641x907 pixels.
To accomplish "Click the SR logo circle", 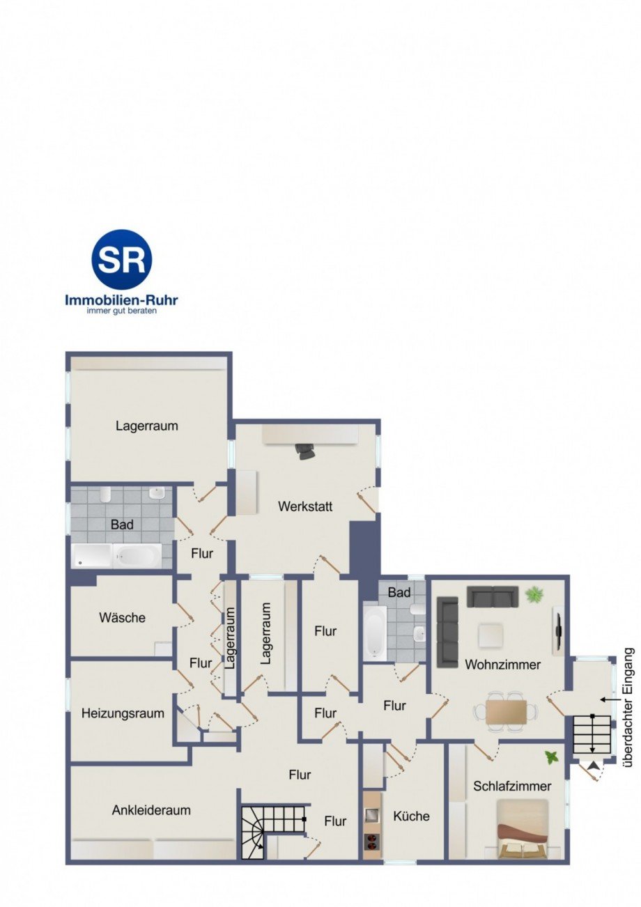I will point(121,260).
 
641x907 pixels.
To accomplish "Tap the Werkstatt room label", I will point(305,506).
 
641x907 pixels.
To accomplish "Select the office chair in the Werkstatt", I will point(305,451).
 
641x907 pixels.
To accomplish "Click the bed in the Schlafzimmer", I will point(522,828).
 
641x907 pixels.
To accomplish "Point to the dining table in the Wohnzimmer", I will point(507,711).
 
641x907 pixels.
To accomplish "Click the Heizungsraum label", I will point(123,713).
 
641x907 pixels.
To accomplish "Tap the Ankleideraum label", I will point(151,810).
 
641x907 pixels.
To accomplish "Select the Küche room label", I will point(411,816).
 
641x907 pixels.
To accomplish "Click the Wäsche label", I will point(122,617).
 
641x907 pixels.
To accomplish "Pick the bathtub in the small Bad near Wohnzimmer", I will point(374,631).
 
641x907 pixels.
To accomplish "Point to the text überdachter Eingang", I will point(628,708).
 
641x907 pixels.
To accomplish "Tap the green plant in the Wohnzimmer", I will point(534,594).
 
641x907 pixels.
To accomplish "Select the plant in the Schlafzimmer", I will point(552,757).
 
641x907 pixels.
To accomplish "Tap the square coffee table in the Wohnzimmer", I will point(491,635).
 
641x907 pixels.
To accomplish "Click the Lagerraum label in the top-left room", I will point(147,426).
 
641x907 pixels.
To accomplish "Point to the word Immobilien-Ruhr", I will point(121,300).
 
